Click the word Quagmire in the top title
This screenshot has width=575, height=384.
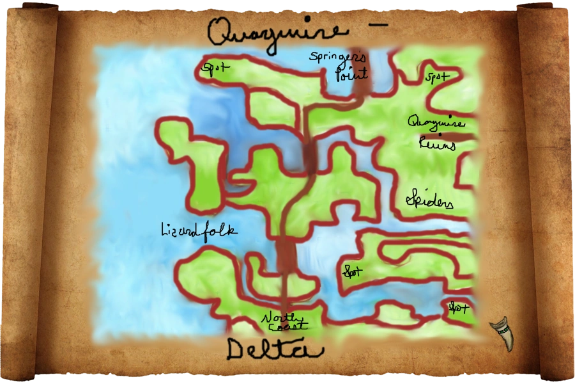[x=277, y=31]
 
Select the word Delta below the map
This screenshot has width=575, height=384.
[x=275, y=349]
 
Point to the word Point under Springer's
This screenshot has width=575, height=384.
[x=352, y=74]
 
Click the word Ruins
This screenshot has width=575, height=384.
[x=437, y=144]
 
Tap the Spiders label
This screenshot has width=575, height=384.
[x=429, y=202]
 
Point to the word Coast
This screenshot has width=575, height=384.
[x=283, y=327]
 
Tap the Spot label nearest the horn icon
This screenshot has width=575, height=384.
[x=458, y=308]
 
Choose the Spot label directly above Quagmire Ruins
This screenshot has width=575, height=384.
[x=438, y=77]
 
